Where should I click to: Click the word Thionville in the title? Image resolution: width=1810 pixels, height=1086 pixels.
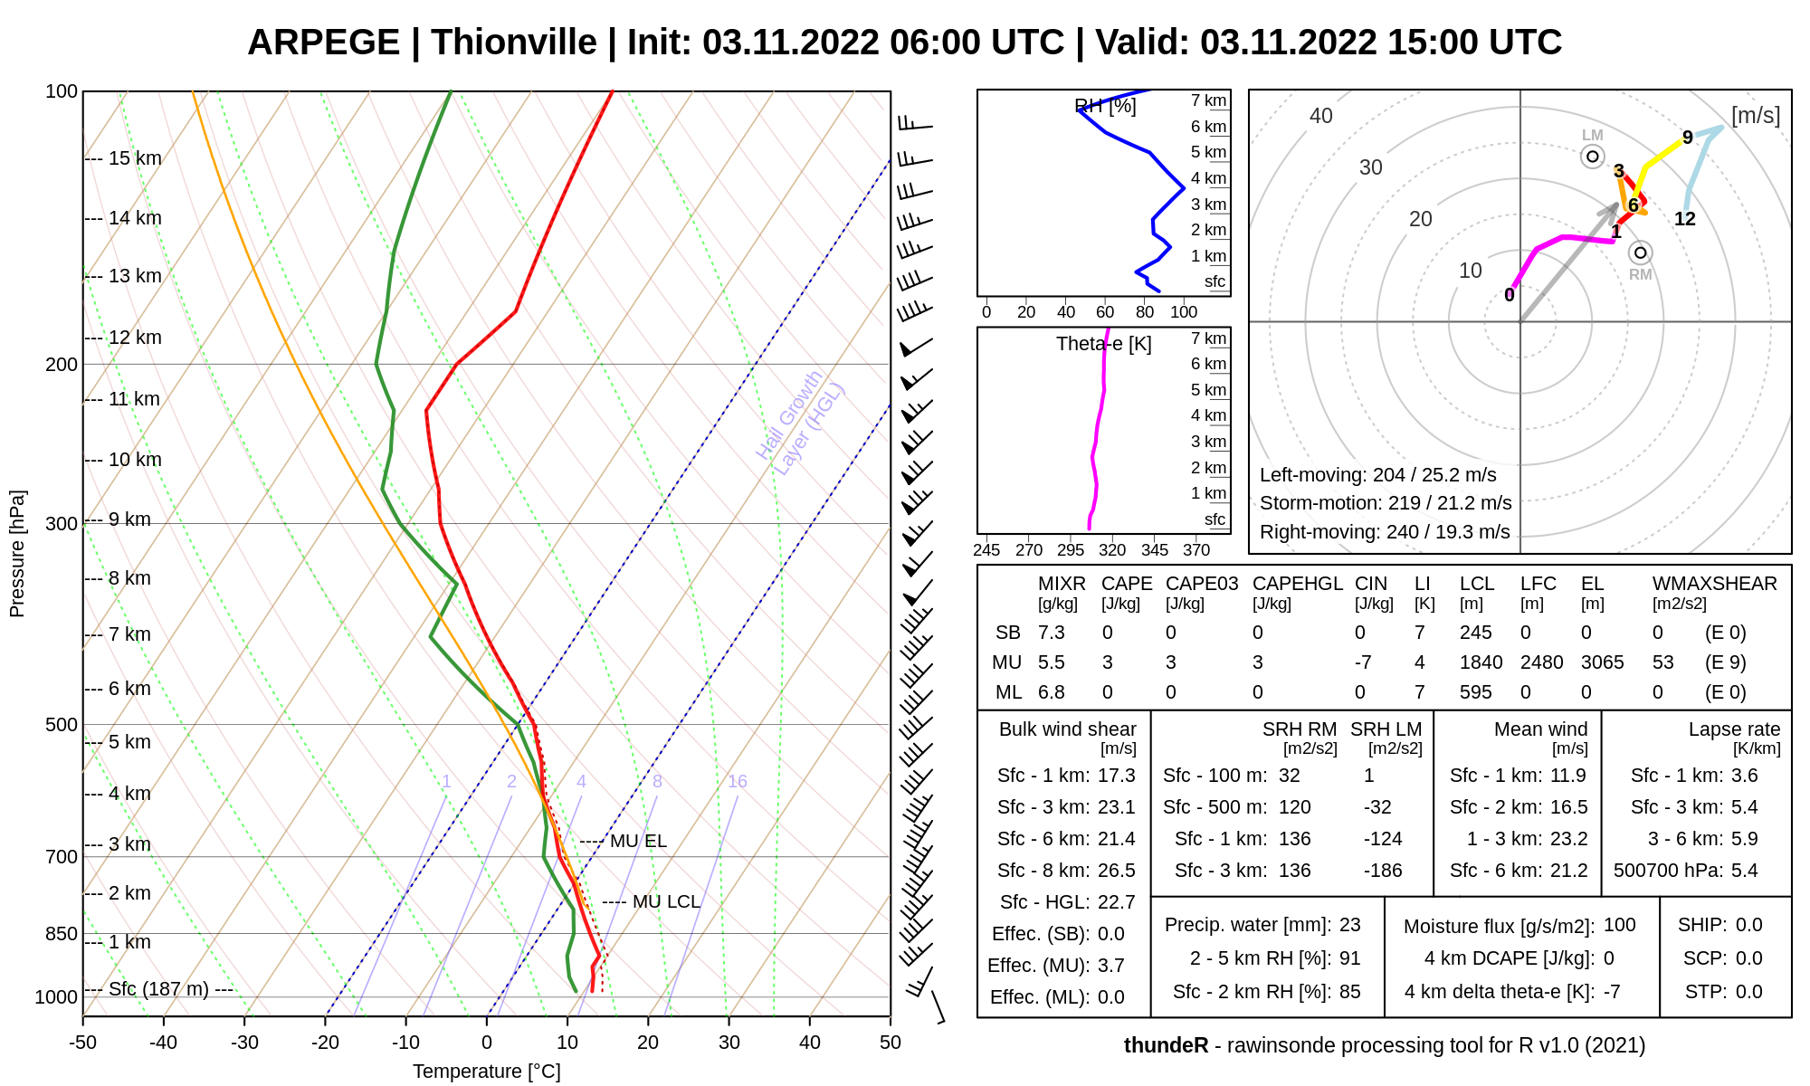pyautogui.click(x=513, y=43)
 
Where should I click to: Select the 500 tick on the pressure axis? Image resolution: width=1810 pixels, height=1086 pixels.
pyautogui.click(x=62, y=725)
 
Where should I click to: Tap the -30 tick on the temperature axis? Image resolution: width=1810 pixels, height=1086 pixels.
pyautogui.click(x=244, y=1043)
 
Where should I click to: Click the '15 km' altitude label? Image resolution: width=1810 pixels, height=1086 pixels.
pyautogui.click(x=135, y=158)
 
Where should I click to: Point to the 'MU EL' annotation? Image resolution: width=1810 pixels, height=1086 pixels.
pyautogui.click(x=638, y=842)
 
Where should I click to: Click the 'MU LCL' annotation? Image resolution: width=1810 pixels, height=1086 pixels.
pyautogui.click(x=666, y=902)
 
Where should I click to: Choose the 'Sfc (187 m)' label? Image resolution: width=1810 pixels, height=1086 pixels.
pyautogui.click(x=158, y=989)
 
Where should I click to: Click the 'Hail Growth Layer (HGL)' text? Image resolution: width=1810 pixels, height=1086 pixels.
pyautogui.click(x=800, y=423)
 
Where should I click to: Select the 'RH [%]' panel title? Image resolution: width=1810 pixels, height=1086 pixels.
pyautogui.click(x=1105, y=106)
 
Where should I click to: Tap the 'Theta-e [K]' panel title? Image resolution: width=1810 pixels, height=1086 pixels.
pyautogui.click(x=1103, y=344)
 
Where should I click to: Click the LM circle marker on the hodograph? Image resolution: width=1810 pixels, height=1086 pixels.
pyautogui.click(x=1593, y=157)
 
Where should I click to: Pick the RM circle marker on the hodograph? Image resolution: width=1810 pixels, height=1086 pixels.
pyautogui.click(x=1640, y=252)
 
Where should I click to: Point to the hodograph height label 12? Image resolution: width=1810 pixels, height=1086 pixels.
pyautogui.click(x=1684, y=219)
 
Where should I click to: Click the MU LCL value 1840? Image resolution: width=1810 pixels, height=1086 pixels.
pyautogui.click(x=1481, y=662)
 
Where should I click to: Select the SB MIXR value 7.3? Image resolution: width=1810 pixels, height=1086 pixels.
pyautogui.click(x=1051, y=633)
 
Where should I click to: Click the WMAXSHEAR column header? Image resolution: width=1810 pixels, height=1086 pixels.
pyautogui.click(x=1714, y=584)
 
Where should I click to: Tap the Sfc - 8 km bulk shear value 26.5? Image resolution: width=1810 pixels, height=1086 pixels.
pyautogui.click(x=1116, y=871)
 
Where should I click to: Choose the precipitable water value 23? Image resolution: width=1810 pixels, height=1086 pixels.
pyautogui.click(x=1349, y=925)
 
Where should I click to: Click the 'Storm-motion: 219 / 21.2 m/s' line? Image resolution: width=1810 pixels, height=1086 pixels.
pyautogui.click(x=1385, y=503)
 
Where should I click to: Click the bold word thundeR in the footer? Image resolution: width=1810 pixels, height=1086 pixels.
pyautogui.click(x=1166, y=1045)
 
